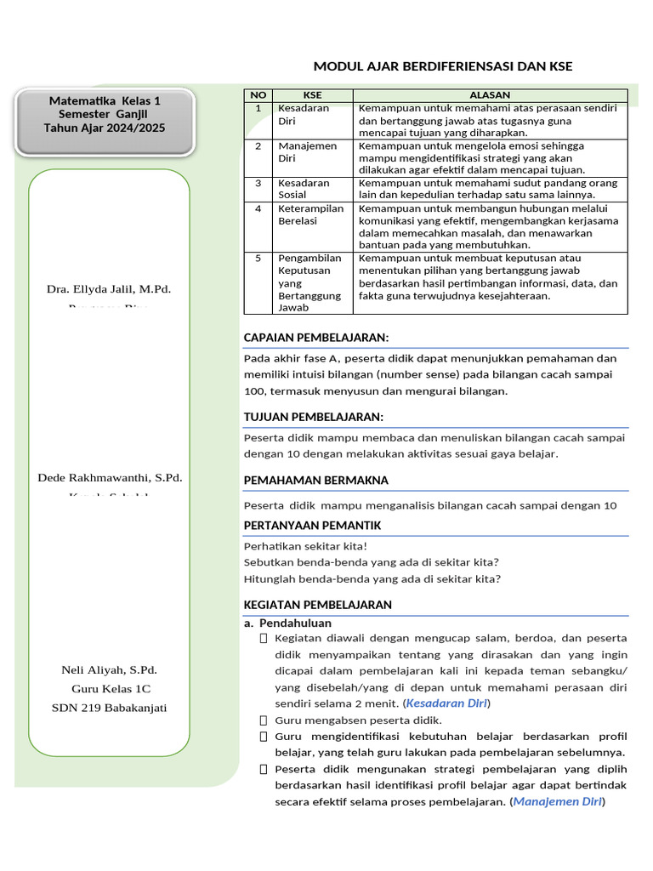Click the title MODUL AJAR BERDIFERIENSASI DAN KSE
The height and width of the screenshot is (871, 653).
point(443,66)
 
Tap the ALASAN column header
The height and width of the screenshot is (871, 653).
point(491,95)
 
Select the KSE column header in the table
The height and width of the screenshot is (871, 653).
point(312,95)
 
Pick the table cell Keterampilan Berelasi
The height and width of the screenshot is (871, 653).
point(310,214)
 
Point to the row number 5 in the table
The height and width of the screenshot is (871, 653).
point(258,258)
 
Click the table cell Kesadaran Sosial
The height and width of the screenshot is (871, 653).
point(304,189)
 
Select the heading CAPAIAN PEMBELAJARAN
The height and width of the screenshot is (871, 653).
point(316,338)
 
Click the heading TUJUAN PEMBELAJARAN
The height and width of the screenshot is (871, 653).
point(314,416)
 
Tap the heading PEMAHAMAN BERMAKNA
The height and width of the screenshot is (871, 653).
point(315,481)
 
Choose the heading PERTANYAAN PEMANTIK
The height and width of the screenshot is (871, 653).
point(312,525)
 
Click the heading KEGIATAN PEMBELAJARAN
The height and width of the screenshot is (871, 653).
point(318,605)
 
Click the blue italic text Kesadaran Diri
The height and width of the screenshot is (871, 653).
point(446,703)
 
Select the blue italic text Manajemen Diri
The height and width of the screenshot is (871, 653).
point(557,801)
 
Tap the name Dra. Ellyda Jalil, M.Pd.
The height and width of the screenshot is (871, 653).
point(109,289)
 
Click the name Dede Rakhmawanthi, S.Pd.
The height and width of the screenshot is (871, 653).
point(111,477)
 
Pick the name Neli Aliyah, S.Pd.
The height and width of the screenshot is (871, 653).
point(109,670)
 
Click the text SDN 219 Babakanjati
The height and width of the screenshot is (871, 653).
point(109,708)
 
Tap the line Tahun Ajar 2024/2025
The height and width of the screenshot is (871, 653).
point(105,128)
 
